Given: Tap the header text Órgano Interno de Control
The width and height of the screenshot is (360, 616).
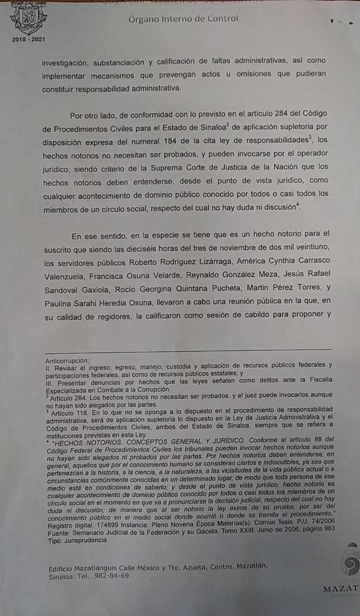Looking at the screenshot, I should [183, 19].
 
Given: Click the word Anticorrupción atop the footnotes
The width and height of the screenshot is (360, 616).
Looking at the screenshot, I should [67, 360].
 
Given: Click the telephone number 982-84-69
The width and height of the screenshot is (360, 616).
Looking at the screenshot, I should [112, 576].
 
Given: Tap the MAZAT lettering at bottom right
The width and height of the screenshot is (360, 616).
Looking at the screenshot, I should [340, 588].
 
